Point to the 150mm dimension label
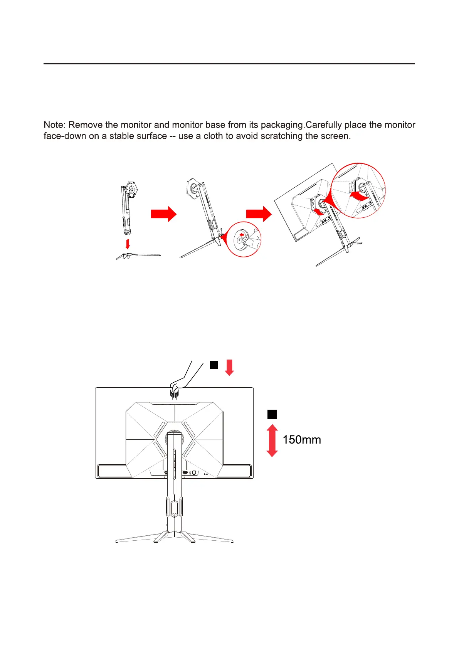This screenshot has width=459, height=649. pyautogui.click(x=301, y=440)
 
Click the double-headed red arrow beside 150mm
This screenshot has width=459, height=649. pyautogui.click(x=272, y=441)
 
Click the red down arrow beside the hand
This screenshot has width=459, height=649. pyautogui.click(x=229, y=367)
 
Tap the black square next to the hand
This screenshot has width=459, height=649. pyautogui.click(x=214, y=365)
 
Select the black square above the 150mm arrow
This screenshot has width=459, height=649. pyautogui.click(x=272, y=414)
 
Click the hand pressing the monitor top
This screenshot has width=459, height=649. pyautogui.click(x=179, y=382)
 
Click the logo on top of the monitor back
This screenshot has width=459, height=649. pyautogui.click(x=175, y=394)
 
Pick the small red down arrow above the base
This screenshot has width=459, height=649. pyautogui.click(x=128, y=244)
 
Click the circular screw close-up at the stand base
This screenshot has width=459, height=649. pyautogui.click(x=243, y=239)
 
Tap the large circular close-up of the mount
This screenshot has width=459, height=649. pyautogui.click(x=358, y=190)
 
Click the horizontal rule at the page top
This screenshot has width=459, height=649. pyautogui.click(x=229, y=64)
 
